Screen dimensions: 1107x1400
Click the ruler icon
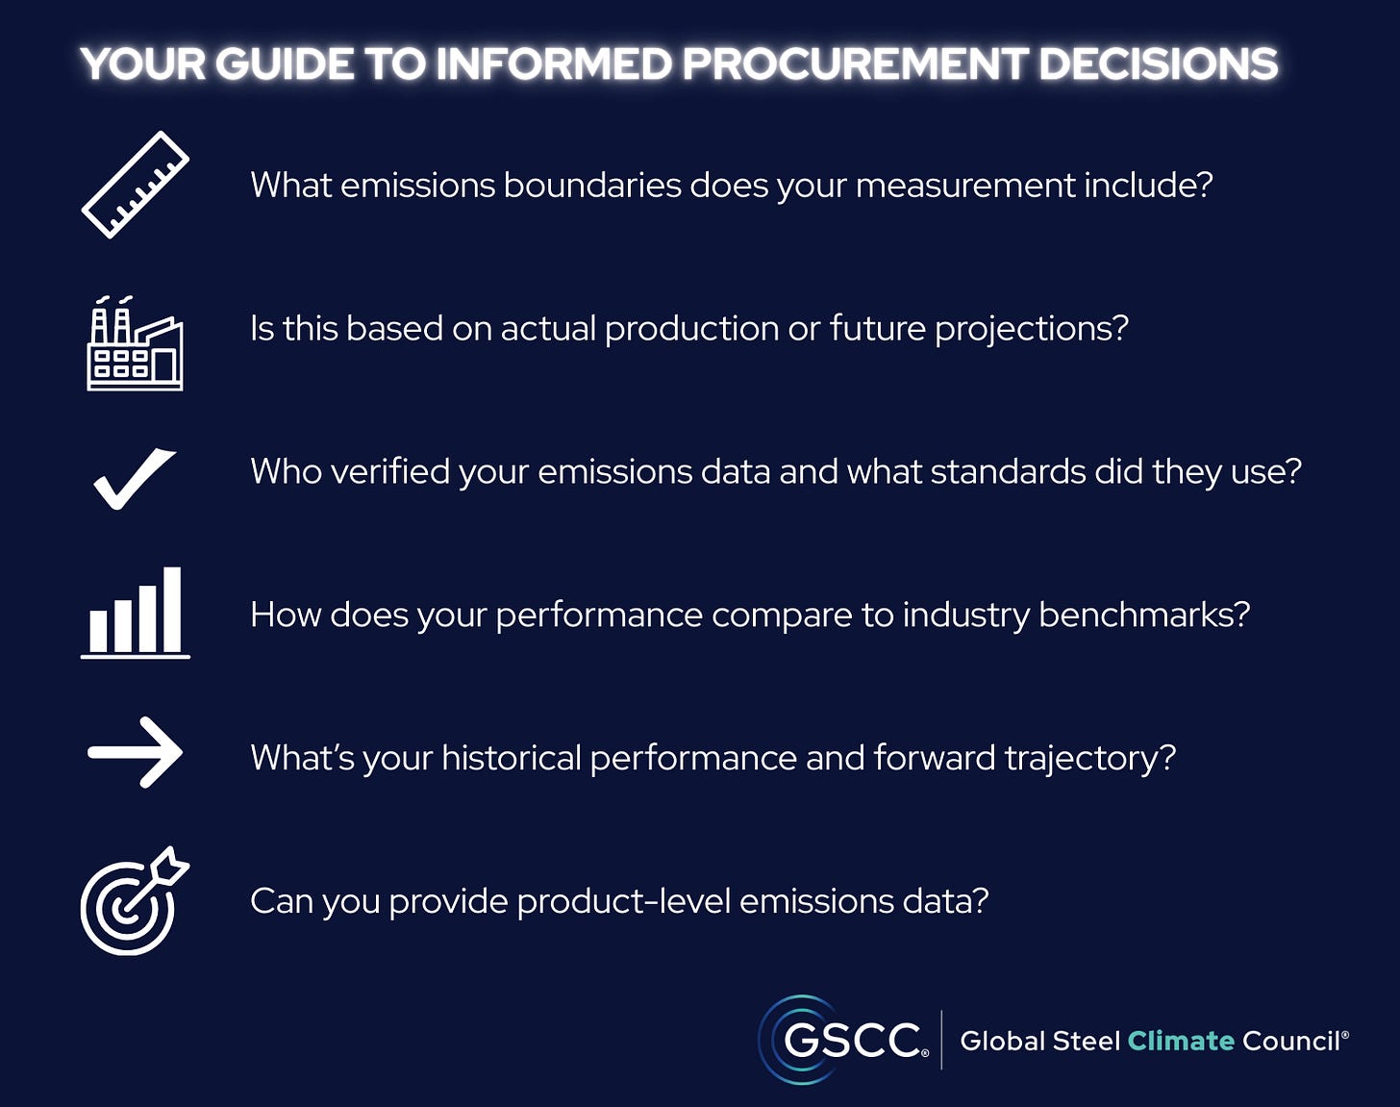click(x=135, y=185)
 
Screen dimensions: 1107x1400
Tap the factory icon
click(x=135, y=344)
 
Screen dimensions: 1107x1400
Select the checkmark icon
click(x=135, y=478)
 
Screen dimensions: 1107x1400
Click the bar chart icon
click(x=135, y=613)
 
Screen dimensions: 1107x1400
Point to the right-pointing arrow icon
click(x=135, y=752)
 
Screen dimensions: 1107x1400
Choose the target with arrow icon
click(x=133, y=902)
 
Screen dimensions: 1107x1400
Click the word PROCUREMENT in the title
click(x=855, y=64)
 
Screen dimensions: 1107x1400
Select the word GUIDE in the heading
click(x=284, y=64)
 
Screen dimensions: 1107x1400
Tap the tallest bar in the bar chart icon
click(x=172, y=610)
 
